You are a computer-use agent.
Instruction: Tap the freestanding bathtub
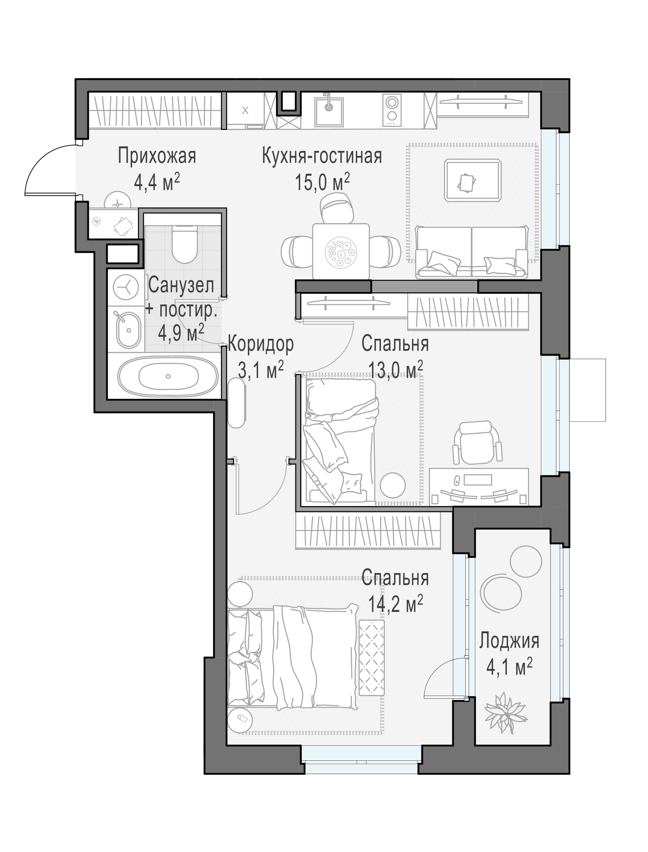[168, 376]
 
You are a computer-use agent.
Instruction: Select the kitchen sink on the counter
[329, 111]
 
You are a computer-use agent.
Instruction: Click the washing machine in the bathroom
[126, 288]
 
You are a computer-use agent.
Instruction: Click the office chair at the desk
[477, 443]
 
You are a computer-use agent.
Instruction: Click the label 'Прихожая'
[157, 156]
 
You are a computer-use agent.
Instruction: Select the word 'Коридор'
[261, 344]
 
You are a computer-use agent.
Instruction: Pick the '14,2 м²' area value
[395, 604]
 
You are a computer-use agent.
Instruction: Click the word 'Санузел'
[181, 286]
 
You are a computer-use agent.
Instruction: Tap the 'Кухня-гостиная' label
[322, 156]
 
